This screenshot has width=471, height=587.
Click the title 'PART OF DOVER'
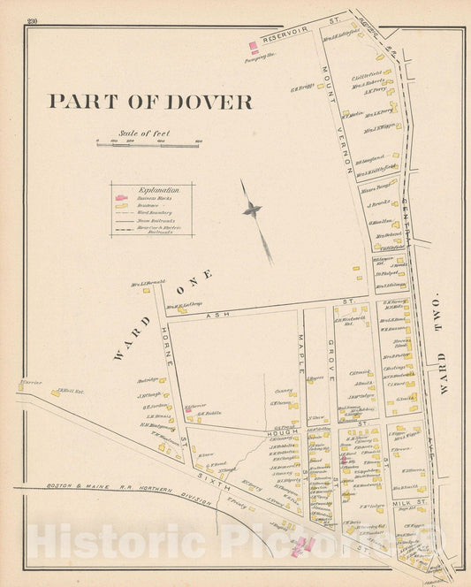[149, 102]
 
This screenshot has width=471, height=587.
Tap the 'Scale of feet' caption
[147, 133]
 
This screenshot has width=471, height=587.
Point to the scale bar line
[148, 142]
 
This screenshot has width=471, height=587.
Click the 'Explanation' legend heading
[160, 190]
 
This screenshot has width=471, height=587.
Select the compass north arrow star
[253, 210]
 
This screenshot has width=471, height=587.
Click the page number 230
[33, 21]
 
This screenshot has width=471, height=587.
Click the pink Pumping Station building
[254, 46]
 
